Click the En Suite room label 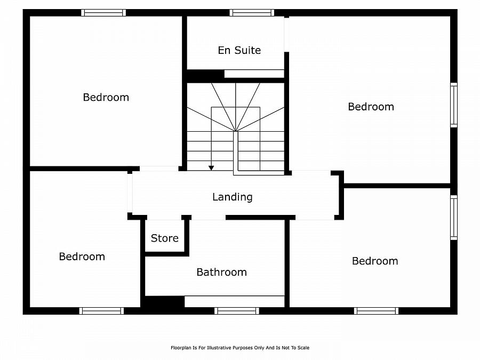pyautogui.click(x=239, y=50)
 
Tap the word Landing pyautogui.click(x=233, y=197)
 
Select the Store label pyautogui.click(x=165, y=238)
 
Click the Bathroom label pyautogui.click(x=222, y=272)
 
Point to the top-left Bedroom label pyautogui.click(x=106, y=98)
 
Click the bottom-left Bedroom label pyautogui.click(x=82, y=257)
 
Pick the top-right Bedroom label pyautogui.click(x=371, y=107)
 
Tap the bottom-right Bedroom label pyautogui.click(x=375, y=261)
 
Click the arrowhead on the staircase pyautogui.click(x=211, y=168)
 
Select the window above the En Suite pyautogui.click(x=252, y=13)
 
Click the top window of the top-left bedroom pyautogui.click(x=103, y=13)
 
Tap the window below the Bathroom pyautogui.click(x=237, y=311)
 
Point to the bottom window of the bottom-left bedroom pyautogui.click(x=102, y=311)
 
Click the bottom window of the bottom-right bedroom pyautogui.click(x=376, y=311)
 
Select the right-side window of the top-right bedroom pyautogui.click(x=454, y=105)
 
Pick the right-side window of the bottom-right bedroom pyautogui.click(x=454, y=218)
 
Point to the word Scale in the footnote pyautogui.click(x=303, y=348)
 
